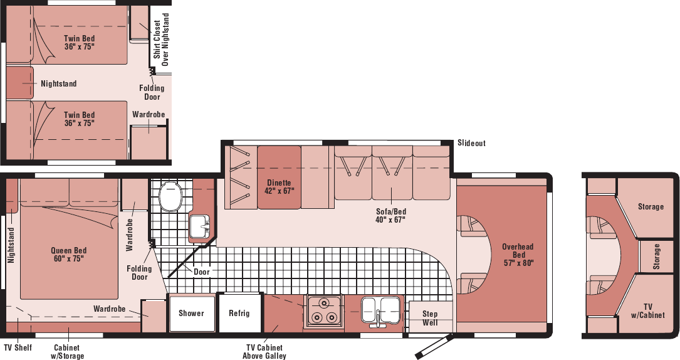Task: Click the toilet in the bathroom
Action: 169,196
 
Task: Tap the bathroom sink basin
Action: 199,226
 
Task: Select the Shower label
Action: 191,313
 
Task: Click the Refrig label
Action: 239,313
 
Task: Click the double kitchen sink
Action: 380,310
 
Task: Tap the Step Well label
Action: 430,318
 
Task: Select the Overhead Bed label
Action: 518,255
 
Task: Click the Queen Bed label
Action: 68,255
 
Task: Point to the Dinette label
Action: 279,187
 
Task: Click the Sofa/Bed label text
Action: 390,216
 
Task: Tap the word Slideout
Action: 471,143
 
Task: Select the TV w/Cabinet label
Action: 648,311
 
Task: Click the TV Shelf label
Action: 18,348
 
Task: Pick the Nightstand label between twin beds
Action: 58,83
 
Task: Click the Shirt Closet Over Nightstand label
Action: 161,39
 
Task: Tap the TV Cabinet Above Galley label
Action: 264,352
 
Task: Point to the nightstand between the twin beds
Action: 19,82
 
